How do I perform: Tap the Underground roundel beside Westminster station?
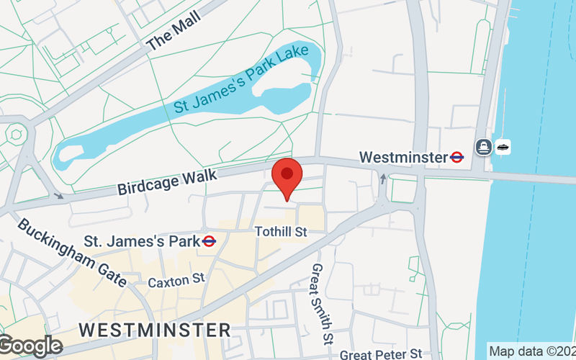pyautogui.click(x=457, y=156)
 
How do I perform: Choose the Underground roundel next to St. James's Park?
pyautogui.click(x=209, y=241)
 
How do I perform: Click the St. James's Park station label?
pyautogui.click(x=141, y=241)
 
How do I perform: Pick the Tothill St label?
pyautogui.click(x=282, y=232)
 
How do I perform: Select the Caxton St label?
pyautogui.click(x=176, y=279)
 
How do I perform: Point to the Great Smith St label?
pyautogui.click(x=321, y=303)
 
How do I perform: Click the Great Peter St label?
pyautogui.click(x=381, y=354)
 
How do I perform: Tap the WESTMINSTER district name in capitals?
pyautogui.click(x=155, y=330)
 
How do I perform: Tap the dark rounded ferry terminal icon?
pyautogui.click(x=482, y=148)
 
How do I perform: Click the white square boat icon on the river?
pyautogui.click(x=502, y=148)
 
